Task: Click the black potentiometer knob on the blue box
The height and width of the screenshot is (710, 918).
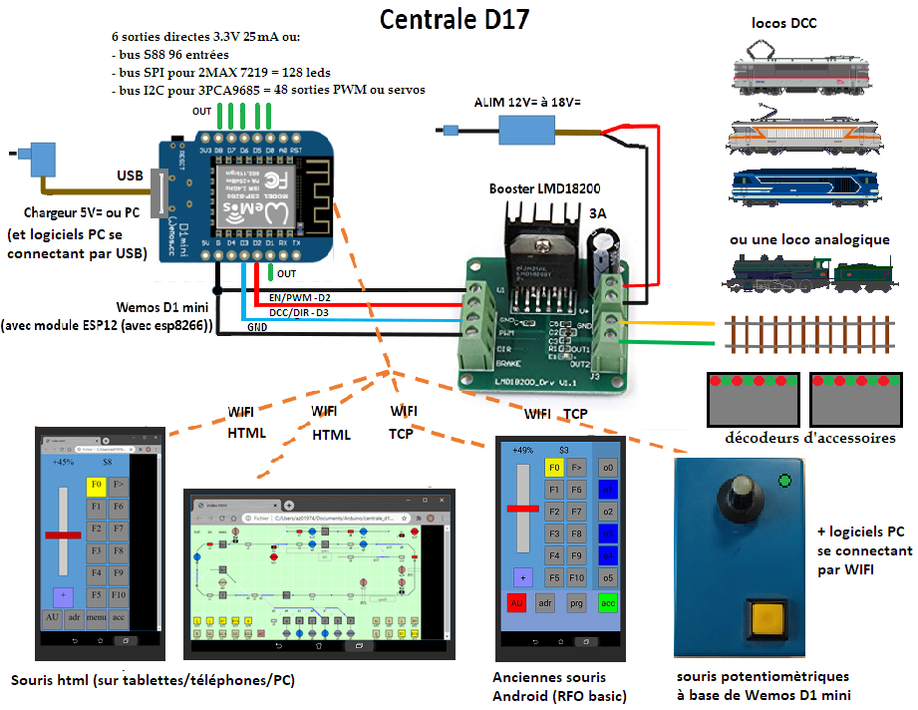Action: (x=739, y=495)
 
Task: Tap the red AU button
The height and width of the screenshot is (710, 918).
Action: (x=517, y=603)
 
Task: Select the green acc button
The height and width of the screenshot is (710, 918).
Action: (x=607, y=603)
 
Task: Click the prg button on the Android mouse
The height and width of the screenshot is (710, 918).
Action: (x=576, y=603)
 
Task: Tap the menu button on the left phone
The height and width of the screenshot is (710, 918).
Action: (x=97, y=618)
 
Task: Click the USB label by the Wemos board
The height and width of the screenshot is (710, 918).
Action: (x=130, y=177)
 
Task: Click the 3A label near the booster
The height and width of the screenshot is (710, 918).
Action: (x=598, y=213)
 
